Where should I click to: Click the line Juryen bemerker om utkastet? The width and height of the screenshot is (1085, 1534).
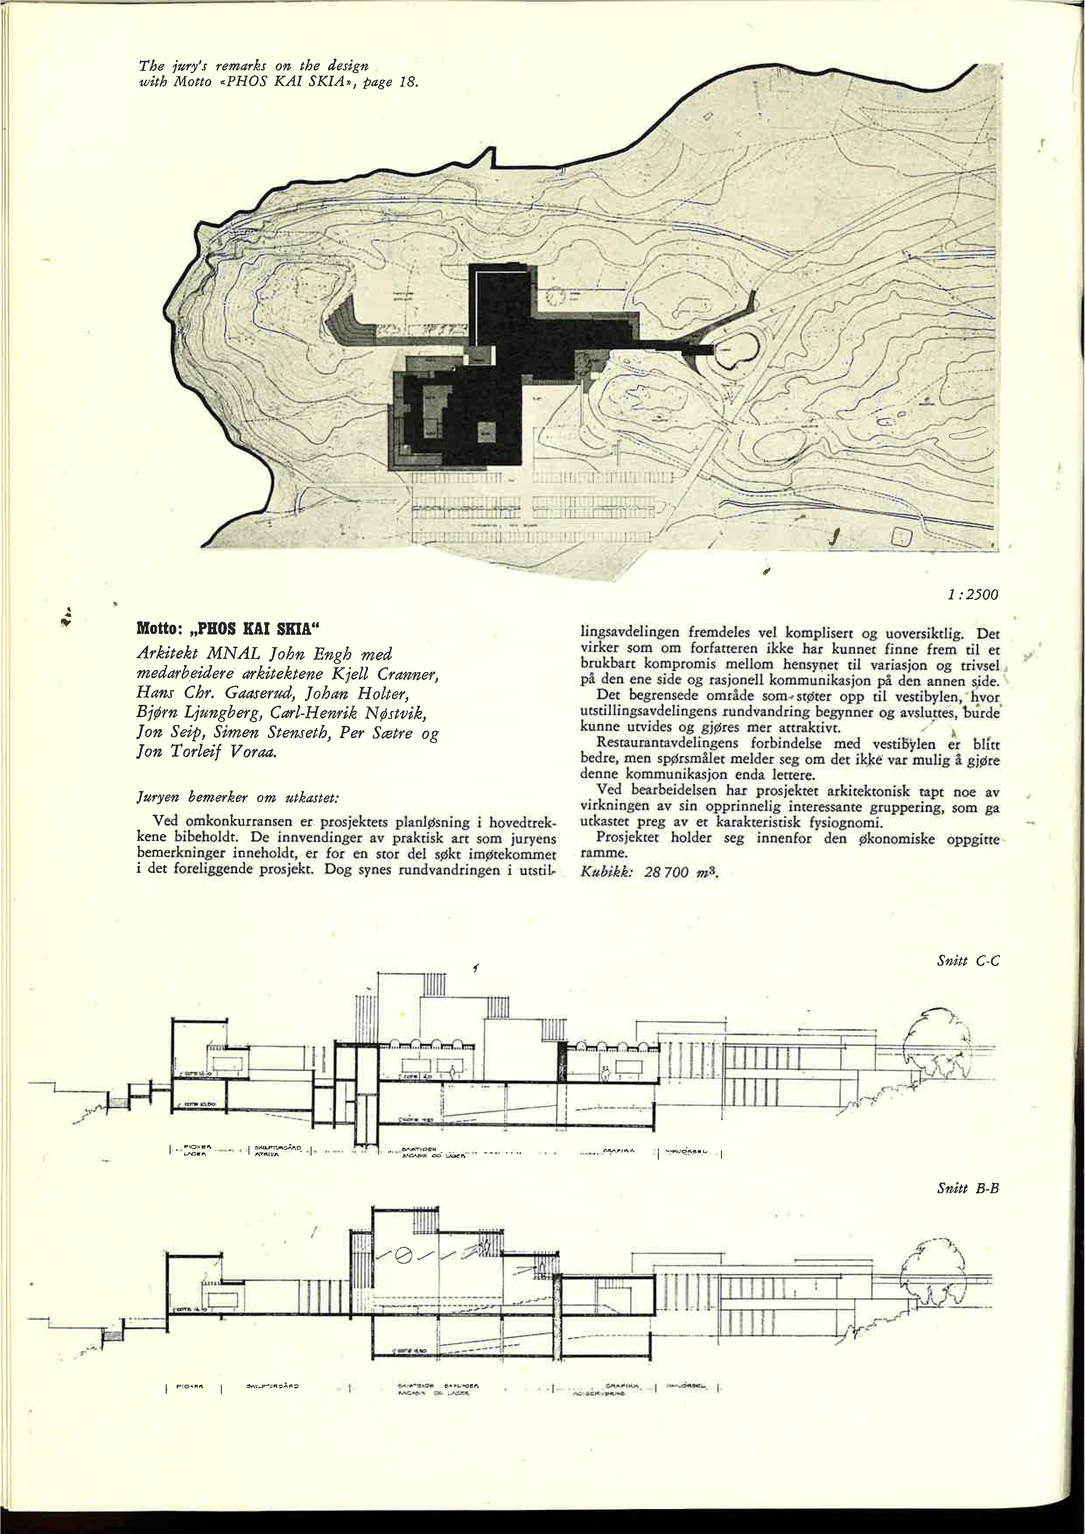(x=238, y=798)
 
